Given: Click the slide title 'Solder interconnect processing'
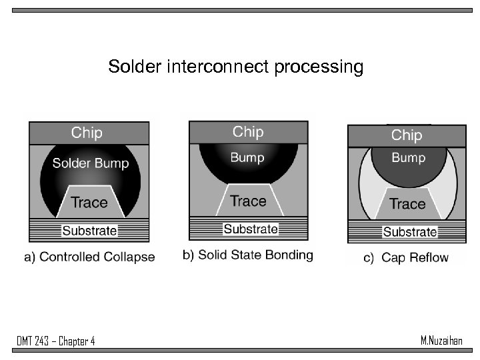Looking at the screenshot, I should coord(235,67).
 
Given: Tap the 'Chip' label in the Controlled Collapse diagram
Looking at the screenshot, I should coord(87,133).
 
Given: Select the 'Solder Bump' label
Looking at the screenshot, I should coord(91,163).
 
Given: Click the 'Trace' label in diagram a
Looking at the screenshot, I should coord(89,202).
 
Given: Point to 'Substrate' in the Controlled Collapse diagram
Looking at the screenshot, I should coord(89,231).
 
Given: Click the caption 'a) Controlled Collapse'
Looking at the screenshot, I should coord(89,257).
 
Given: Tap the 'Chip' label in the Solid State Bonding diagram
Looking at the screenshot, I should coord(248,132).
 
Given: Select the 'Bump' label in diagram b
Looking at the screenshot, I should coord(247,158).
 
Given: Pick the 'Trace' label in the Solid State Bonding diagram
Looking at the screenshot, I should coord(248,201).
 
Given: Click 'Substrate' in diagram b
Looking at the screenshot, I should coord(251,229).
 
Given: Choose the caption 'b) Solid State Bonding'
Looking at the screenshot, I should coord(247,255).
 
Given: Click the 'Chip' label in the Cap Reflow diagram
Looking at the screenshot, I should coord(407,135).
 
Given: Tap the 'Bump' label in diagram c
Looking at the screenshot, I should coord(408,158).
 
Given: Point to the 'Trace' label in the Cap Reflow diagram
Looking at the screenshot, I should coord(407,203).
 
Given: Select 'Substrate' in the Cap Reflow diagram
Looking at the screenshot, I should coord(410,232).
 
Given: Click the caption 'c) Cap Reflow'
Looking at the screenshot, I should coord(405,258).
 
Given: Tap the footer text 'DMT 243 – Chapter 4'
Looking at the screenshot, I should coord(56,342).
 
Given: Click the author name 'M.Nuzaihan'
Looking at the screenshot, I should coord(441,341).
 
